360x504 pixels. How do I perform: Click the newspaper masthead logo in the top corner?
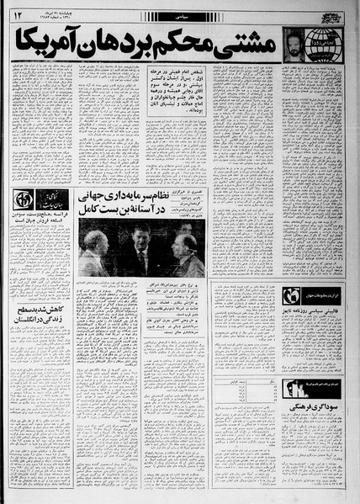pyautogui.click(x=334, y=12)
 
